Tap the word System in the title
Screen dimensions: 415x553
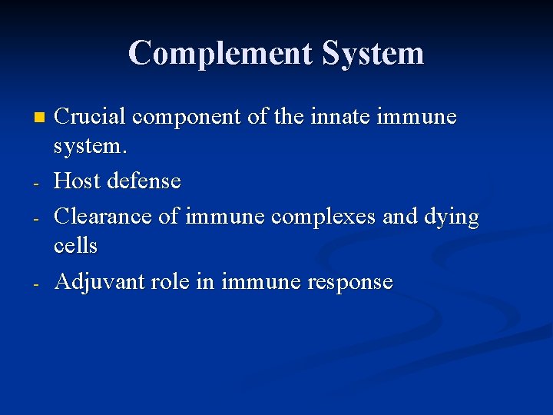(x=373, y=54)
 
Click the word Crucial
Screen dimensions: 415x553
(x=90, y=117)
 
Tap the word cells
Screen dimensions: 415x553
(x=75, y=245)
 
